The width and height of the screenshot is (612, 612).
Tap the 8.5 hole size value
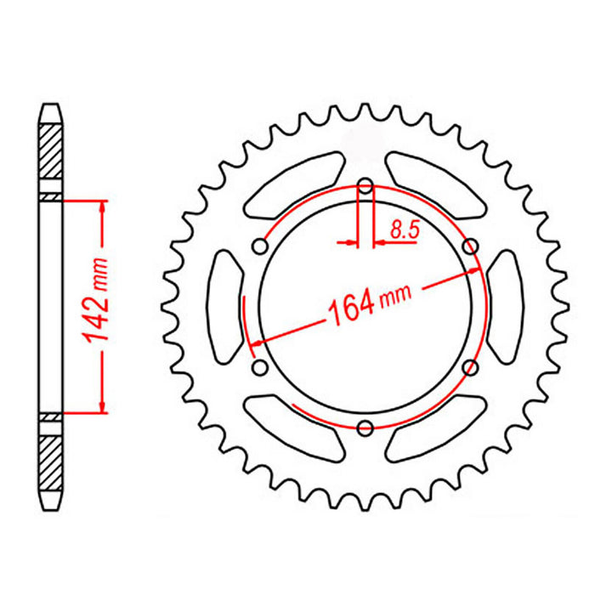coord(404,228)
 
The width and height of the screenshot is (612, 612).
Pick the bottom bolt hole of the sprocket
coord(365,427)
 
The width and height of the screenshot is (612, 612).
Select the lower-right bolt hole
coord(470,366)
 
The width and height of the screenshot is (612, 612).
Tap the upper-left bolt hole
coord(261,246)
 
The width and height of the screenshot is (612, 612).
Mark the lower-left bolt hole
coord(261,366)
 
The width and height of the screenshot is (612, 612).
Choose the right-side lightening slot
coord(506,306)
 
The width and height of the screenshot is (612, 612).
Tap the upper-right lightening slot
coord(437,183)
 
